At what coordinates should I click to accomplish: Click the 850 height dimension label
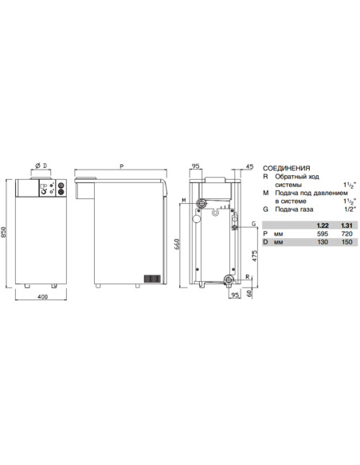(6, 232)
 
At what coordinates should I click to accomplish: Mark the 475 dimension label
(252, 256)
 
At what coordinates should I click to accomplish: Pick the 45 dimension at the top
(249, 167)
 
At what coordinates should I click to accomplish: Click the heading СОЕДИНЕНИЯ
(287, 168)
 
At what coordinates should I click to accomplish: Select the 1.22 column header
(322, 226)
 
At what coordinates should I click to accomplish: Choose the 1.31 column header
(345, 226)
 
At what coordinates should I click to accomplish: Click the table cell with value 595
(322, 235)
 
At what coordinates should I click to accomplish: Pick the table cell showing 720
(345, 235)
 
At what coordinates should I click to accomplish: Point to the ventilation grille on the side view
(151, 279)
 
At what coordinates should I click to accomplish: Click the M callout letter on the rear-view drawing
(183, 199)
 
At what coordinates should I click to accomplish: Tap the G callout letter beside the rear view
(252, 225)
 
